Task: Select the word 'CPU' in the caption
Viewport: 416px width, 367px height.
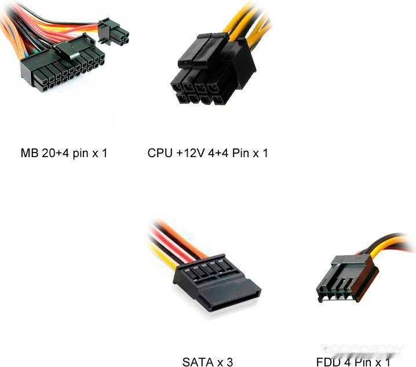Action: pyautogui.click(x=159, y=154)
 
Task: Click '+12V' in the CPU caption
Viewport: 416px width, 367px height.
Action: pyautogui.click(x=189, y=154)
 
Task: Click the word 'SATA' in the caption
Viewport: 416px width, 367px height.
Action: pyautogui.click(x=198, y=362)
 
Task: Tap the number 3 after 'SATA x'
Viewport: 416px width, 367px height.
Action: pyautogui.click(x=230, y=362)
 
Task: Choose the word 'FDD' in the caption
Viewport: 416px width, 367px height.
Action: pyautogui.click(x=329, y=362)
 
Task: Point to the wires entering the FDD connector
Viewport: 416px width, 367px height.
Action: pyautogui.click(x=385, y=246)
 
